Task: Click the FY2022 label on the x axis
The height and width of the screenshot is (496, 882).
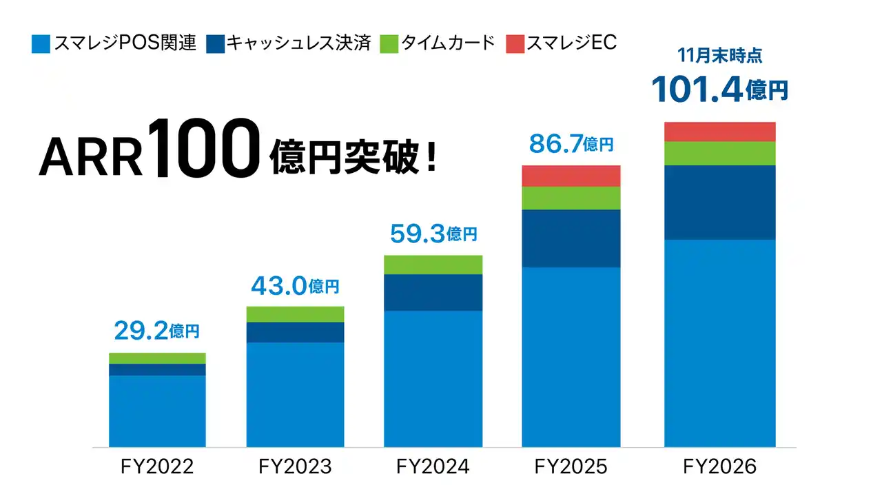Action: (x=157, y=466)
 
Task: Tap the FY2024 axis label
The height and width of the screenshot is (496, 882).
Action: (x=433, y=466)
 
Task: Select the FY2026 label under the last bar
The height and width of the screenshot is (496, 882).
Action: (x=719, y=466)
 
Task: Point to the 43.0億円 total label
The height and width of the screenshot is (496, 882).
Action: (x=295, y=285)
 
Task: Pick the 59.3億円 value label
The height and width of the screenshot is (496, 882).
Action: (x=433, y=234)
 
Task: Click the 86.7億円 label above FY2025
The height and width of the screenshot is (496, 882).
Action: (x=571, y=144)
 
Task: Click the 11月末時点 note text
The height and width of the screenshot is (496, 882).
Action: (x=719, y=56)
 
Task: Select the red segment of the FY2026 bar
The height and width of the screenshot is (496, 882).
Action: (x=719, y=132)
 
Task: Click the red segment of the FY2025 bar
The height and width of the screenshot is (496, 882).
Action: (x=571, y=176)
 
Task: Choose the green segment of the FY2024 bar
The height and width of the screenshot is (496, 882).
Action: (x=433, y=265)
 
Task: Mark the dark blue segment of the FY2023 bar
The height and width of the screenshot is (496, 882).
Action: (x=295, y=332)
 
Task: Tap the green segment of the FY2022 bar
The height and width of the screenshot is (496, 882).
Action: (x=157, y=358)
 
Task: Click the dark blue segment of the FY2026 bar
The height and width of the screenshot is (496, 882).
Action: (x=719, y=202)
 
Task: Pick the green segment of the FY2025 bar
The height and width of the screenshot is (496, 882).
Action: (x=571, y=198)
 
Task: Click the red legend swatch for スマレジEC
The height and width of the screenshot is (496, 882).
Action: (x=515, y=44)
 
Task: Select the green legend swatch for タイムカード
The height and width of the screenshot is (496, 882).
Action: (x=389, y=44)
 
